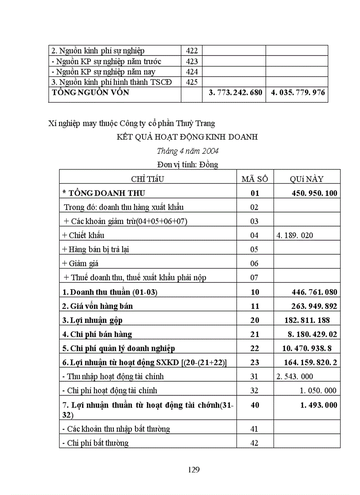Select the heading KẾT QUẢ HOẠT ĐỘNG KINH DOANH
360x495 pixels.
187,137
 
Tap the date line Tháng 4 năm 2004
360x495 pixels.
187,151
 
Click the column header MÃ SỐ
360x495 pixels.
255,179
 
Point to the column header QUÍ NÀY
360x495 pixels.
306,179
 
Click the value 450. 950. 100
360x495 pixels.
315,193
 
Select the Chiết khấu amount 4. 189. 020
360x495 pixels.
295,235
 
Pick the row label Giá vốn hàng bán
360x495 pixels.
97,306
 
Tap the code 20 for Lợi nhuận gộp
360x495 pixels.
255,320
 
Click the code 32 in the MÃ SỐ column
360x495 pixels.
254,391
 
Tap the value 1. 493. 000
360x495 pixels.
319,405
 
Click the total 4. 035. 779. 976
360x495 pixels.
296,93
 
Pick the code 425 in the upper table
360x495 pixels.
192,82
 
